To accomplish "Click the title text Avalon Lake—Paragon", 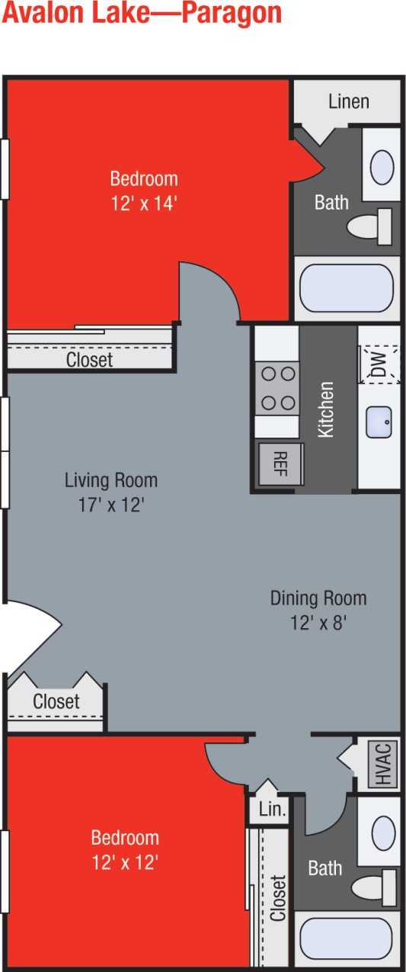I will click(x=142, y=14).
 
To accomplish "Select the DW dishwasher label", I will click(x=379, y=363).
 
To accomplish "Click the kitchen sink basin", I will click(x=379, y=422).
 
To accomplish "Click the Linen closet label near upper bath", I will click(x=348, y=101).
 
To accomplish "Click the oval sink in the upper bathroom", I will click(x=381, y=165).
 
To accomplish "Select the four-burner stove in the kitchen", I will click(x=277, y=387).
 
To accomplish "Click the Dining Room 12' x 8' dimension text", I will click(x=318, y=623).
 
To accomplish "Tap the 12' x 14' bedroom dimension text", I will click(x=144, y=204).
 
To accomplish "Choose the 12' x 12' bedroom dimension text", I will click(x=125, y=862).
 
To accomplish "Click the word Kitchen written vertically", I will click(x=326, y=409).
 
